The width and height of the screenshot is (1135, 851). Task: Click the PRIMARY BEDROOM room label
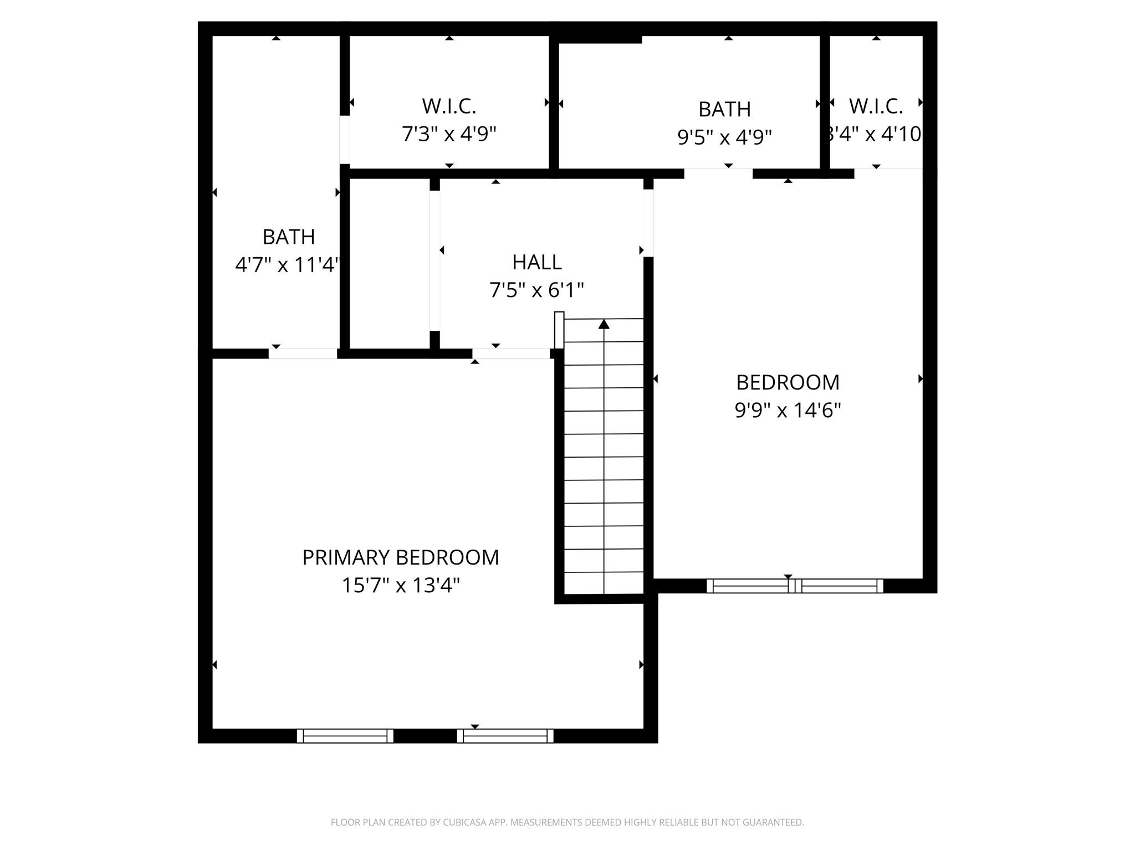tap(400, 557)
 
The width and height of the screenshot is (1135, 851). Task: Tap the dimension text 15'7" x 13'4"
tap(400, 586)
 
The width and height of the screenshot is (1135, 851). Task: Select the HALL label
tap(536, 262)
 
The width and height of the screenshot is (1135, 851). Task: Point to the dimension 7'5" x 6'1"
tap(536, 290)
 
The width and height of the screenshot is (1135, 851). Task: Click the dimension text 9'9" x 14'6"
tap(788, 411)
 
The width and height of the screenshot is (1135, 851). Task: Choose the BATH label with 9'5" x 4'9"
tap(724, 110)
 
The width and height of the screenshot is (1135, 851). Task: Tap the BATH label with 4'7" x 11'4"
tap(288, 237)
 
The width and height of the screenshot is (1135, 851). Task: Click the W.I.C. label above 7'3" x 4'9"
tap(449, 106)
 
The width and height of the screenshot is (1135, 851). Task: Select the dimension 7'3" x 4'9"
tap(449, 134)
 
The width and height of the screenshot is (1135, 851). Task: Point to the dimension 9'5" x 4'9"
tap(724, 137)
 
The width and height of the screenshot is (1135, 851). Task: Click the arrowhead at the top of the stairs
tap(604, 324)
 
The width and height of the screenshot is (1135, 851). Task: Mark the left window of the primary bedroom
tap(345, 736)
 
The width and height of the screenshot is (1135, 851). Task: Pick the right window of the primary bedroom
tap(505, 736)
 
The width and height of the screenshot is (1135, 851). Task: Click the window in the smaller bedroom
tap(795, 586)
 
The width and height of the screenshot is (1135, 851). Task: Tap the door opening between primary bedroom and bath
tap(303, 353)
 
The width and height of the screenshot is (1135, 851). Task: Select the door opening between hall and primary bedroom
tap(510, 353)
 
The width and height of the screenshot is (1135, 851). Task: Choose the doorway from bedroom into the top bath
tap(718, 173)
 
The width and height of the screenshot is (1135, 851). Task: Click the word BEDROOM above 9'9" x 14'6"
tap(788, 382)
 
